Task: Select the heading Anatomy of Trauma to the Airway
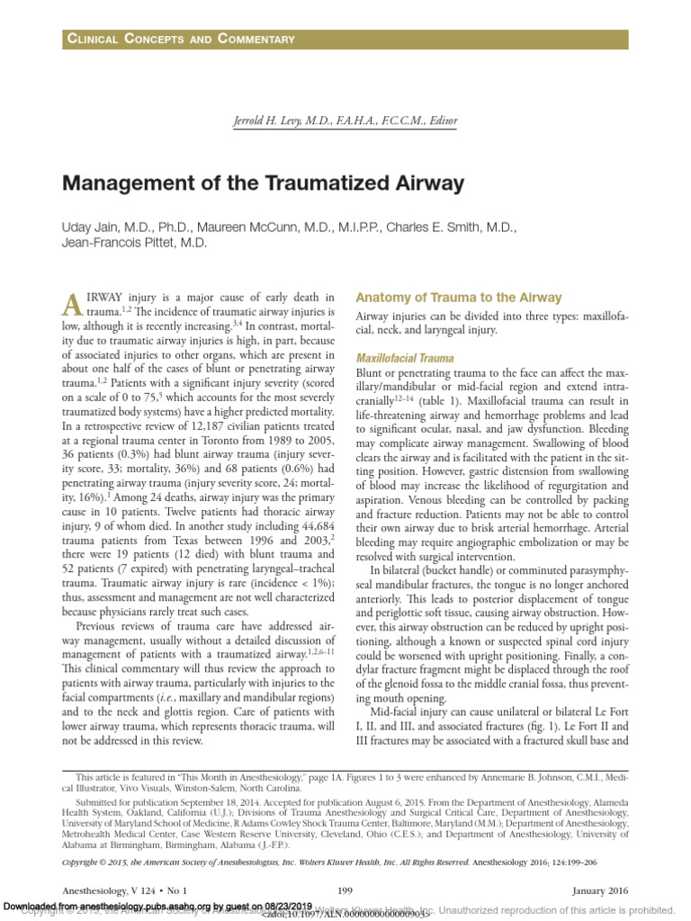[x=459, y=298]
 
